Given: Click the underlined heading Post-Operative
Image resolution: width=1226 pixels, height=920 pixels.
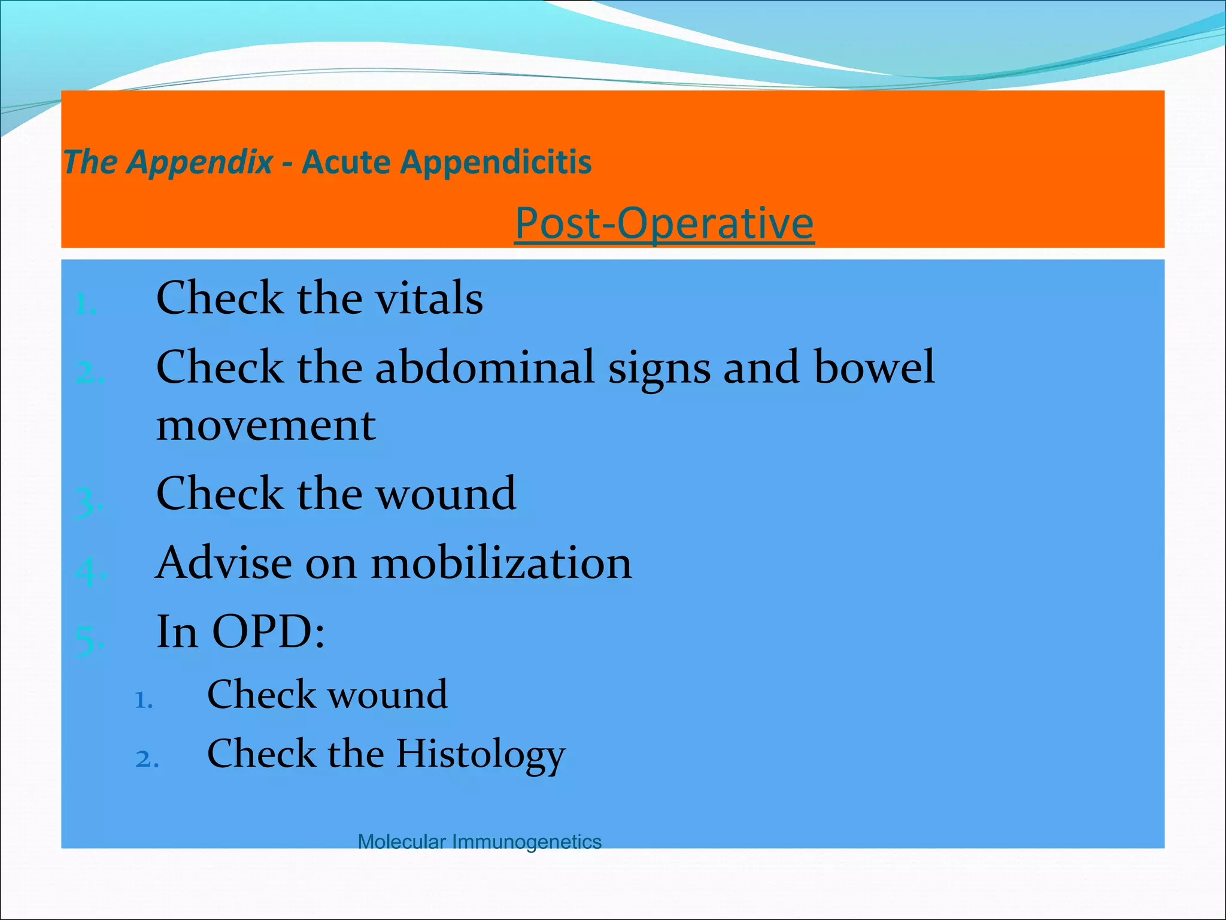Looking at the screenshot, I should click(664, 223).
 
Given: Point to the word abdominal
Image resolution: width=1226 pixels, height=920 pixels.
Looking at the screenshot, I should click(484, 367).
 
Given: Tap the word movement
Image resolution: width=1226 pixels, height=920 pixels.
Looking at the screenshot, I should click(266, 426).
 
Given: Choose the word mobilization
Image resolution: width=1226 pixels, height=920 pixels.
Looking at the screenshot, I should click(501, 563).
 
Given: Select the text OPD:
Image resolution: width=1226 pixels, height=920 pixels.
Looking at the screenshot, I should click(269, 632).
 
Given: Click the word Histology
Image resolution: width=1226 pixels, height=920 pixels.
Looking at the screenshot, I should click(480, 754).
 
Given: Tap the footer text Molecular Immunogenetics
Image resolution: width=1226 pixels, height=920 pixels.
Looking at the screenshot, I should click(479, 842).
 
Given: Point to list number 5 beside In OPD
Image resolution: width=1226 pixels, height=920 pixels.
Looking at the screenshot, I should click(88, 640).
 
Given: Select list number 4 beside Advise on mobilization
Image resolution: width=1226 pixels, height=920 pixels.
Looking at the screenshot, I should click(89, 571).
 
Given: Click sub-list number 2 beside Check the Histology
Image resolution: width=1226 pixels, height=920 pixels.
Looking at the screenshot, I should click(146, 759).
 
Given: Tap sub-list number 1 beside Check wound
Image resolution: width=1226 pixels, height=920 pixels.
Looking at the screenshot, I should click(144, 700).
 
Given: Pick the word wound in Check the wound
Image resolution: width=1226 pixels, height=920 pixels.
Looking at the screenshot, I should click(445, 494).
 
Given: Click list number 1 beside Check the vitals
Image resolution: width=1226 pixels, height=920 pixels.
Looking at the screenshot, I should click(85, 304).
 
